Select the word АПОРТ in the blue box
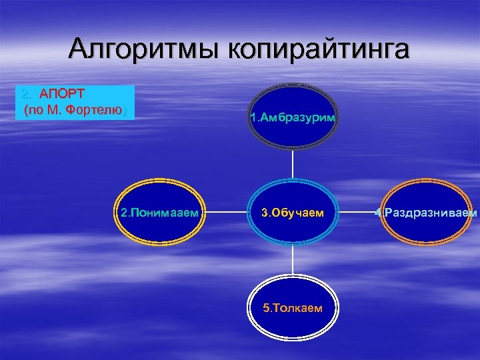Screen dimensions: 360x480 (x=61, y=94)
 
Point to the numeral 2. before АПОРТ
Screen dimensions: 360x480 (x=27, y=94)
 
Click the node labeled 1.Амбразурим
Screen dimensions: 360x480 (x=293, y=120)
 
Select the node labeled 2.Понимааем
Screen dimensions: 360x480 (x=160, y=213)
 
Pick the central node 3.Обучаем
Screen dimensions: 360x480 (x=293, y=213)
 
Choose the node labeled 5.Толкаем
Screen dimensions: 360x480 (x=293, y=308)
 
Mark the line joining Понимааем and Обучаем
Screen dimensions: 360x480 (x=227, y=213)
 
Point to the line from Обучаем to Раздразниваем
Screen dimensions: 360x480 (x=360, y=213)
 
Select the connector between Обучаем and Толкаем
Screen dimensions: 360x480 (x=293, y=261)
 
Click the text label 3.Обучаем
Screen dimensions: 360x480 (x=293, y=213)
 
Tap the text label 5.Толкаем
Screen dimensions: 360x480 (x=293, y=309)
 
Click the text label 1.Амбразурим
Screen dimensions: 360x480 (x=293, y=118)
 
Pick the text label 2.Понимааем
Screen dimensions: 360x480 (x=160, y=213)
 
